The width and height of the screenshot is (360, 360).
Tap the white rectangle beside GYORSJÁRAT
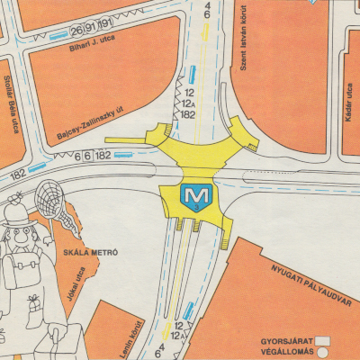320,342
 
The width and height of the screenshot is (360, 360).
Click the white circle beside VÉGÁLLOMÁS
320,352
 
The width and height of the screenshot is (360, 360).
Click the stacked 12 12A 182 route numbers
189,103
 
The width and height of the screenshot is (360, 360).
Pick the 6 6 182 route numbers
96,156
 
